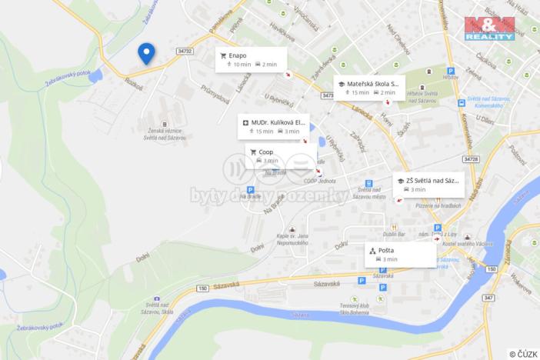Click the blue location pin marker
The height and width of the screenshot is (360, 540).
click(x=146, y=52)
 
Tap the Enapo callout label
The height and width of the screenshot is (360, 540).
click(x=251, y=59)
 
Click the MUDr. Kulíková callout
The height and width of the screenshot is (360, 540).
click(x=273, y=126)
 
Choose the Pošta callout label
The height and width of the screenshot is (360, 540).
click(x=400, y=255)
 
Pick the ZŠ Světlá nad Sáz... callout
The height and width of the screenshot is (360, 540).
click(x=427, y=184)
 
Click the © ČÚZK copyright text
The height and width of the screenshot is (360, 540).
click(x=522, y=353)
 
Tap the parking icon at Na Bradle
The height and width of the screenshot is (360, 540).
click(x=250, y=189)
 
